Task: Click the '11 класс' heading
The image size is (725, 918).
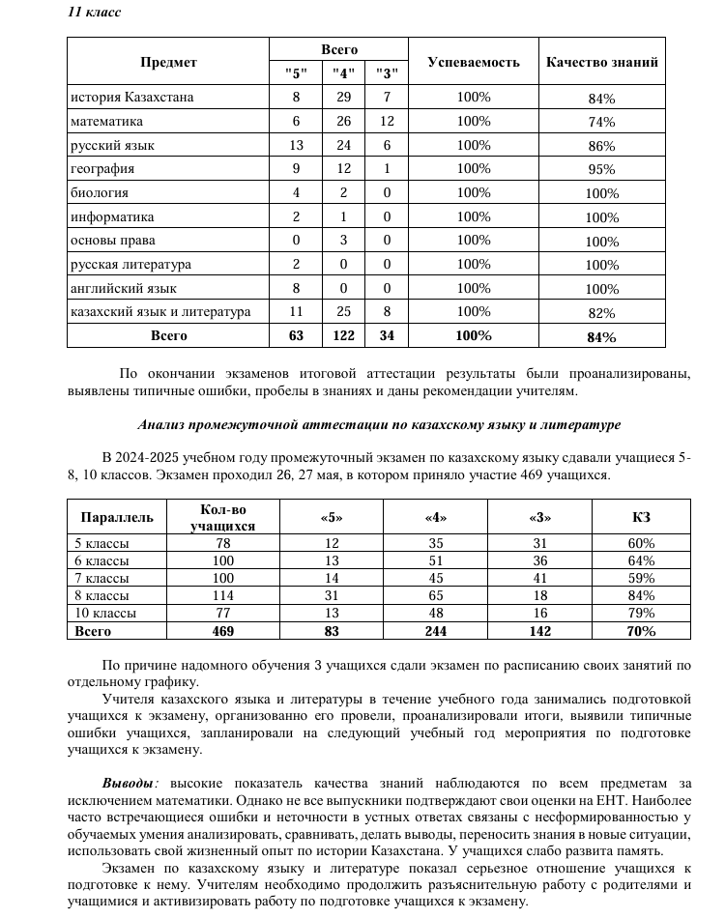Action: point(94,12)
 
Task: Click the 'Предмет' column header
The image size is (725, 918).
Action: point(168,62)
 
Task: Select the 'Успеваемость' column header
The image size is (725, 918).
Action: point(474,62)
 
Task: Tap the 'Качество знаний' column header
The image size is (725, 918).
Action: point(602,62)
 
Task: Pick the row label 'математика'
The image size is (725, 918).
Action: point(106,122)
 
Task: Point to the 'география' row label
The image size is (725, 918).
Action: point(102,169)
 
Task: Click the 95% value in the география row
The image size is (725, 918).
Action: point(601,170)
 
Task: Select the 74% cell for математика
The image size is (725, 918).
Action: point(601,122)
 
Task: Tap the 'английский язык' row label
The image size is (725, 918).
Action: point(124,288)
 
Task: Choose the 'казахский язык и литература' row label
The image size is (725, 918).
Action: point(160,312)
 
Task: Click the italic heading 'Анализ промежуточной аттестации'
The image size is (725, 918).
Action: point(379,424)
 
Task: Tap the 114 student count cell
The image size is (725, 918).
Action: point(222,595)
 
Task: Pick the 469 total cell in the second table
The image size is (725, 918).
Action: point(222,631)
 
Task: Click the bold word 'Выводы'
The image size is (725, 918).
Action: point(128,783)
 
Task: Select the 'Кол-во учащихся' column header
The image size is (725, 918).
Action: point(222,517)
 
